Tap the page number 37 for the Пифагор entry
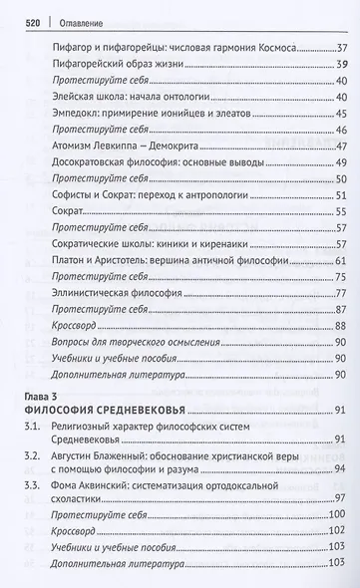pyautogui.click(x=340, y=46)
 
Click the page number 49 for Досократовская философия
pyautogui.click(x=340, y=167)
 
